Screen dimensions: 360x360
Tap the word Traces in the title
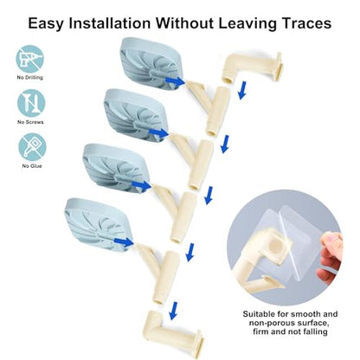(x=306, y=23)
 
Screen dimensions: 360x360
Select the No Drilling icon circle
(x=29, y=59)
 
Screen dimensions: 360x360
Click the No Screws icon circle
(x=31, y=103)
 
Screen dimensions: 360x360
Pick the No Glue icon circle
(x=32, y=147)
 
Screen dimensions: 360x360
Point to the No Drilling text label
(x=30, y=77)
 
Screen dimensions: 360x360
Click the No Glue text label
(x=32, y=166)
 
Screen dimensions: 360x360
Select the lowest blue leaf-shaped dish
(x=98, y=224)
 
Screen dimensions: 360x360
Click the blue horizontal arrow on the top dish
(x=175, y=81)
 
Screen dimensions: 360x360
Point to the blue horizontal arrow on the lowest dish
(x=124, y=242)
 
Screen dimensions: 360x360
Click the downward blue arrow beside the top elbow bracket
(x=243, y=90)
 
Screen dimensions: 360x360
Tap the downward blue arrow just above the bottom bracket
(x=173, y=311)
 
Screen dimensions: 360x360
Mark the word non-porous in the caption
(x=273, y=323)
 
